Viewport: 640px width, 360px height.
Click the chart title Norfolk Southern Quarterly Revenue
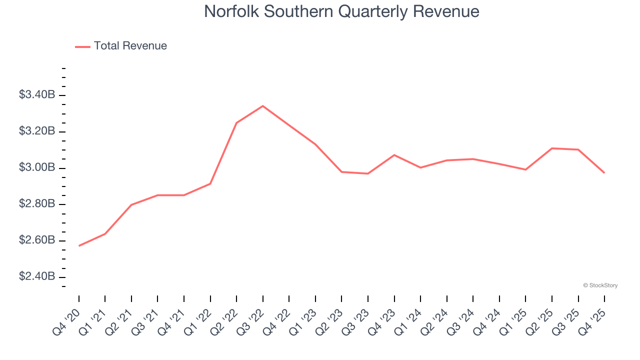point(341,11)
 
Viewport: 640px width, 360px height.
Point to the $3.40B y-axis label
point(37,95)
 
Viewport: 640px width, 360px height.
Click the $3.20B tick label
point(37,131)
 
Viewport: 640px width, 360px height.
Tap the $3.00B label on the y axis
point(37,167)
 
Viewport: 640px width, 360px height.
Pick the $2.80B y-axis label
point(37,204)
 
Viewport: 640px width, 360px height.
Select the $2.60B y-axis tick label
point(37,240)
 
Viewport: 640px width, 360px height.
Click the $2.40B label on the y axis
point(37,277)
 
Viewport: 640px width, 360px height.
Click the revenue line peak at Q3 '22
point(263,106)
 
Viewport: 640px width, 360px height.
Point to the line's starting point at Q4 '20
point(79,246)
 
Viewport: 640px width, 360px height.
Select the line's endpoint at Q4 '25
point(604,173)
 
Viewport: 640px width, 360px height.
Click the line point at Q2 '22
point(236,122)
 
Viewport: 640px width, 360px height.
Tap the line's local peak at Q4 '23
point(394,155)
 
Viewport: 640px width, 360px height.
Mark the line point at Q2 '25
point(552,148)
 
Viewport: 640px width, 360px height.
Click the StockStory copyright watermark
point(600,285)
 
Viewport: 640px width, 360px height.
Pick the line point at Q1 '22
point(210,183)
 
